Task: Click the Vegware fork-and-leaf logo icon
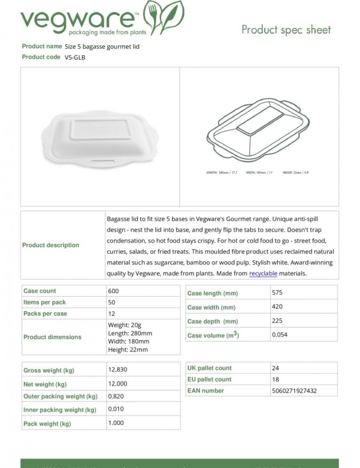[164, 17]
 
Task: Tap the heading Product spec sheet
[286, 30]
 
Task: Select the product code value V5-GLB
[75, 57]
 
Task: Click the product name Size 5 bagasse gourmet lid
[102, 46]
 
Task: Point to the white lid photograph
[100, 137]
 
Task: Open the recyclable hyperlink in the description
[263, 273]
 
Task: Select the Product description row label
[51, 245]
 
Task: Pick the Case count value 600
[113, 291]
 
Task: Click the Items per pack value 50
[112, 302]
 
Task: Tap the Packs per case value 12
[112, 314]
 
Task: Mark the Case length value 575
[277, 293]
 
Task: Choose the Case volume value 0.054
[280, 335]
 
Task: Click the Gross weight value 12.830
[118, 369]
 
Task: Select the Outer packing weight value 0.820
[116, 396]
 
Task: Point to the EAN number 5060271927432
[294, 391]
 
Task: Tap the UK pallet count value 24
[275, 368]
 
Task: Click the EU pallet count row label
[209, 379]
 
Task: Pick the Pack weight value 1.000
[116, 423]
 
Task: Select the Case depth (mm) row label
[213, 321]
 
